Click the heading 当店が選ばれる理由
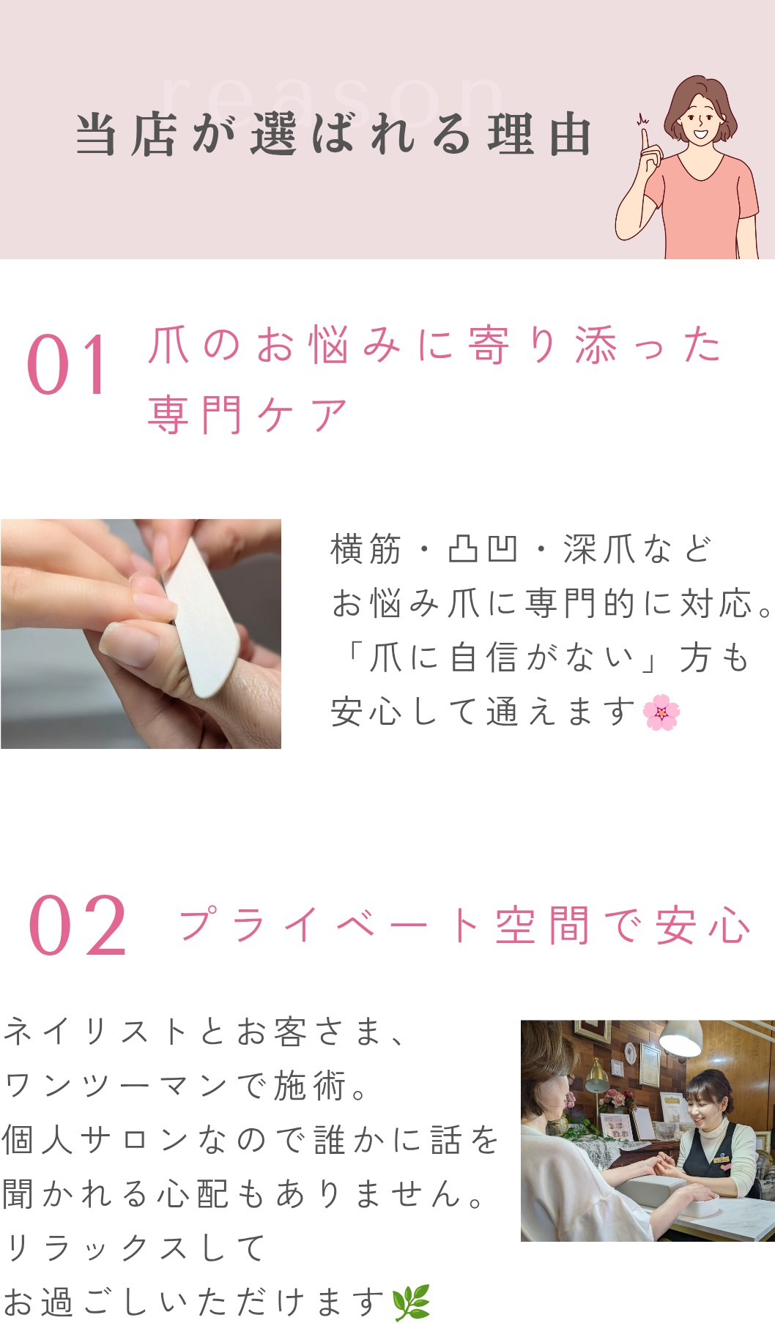click(x=333, y=135)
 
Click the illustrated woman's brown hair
click(x=700, y=103)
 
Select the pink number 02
click(x=78, y=926)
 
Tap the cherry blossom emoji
click(x=661, y=712)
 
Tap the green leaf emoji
click(x=411, y=1303)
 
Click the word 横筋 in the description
click(x=366, y=549)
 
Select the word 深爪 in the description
click(x=598, y=549)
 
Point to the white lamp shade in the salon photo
click(x=681, y=1039)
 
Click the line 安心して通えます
click(x=483, y=712)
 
